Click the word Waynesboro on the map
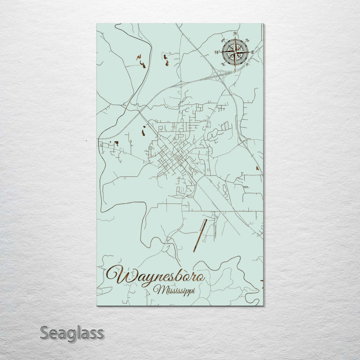[155, 275]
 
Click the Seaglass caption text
[71, 332]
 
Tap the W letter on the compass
[217, 51]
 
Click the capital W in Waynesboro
[116, 275]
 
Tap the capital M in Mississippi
[159, 289]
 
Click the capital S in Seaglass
[45, 332]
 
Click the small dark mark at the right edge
[257, 169]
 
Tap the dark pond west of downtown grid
[145, 131]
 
